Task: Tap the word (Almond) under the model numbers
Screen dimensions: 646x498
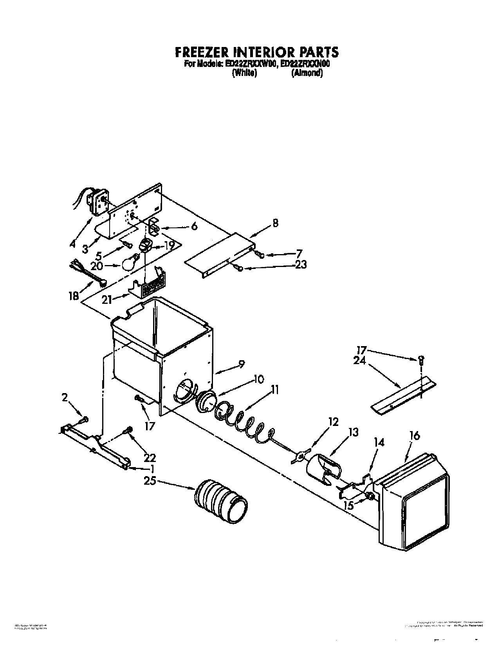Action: click(307, 73)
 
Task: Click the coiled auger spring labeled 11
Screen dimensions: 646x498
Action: click(243, 423)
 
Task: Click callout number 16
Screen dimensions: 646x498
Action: click(414, 435)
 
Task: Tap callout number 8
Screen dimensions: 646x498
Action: click(276, 224)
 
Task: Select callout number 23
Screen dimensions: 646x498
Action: click(300, 265)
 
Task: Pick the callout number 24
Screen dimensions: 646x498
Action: click(359, 361)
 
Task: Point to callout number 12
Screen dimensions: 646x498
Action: click(333, 422)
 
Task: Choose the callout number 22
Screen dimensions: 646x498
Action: click(150, 457)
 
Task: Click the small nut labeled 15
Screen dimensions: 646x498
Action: click(368, 497)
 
